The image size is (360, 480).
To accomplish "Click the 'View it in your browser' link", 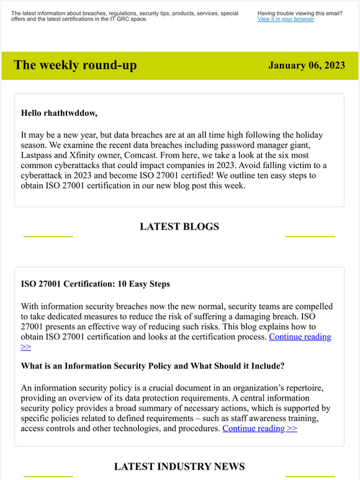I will (x=286, y=19).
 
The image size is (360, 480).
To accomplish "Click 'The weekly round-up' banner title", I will (x=75, y=65).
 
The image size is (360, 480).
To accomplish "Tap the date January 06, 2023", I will (x=307, y=66).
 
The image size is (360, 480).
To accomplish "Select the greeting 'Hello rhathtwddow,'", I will (x=59, y=113).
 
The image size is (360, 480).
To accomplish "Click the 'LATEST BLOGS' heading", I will (x=179, y=227).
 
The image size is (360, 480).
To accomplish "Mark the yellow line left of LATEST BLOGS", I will (x=48, y=236).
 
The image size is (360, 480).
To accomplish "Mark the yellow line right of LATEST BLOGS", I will (x=310, y=236).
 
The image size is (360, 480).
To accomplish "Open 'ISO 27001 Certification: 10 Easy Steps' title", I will (x=96, y=284).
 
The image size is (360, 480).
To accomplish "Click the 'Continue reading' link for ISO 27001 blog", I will (x=300, y=337).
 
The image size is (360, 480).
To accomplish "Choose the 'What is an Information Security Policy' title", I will (x=153, y=366).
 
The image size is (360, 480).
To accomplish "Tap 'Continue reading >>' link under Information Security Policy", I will (x=259, y=428).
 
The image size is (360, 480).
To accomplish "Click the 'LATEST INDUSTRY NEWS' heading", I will (x=179, y=466).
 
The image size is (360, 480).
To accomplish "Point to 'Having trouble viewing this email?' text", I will (x=300, y=13).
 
